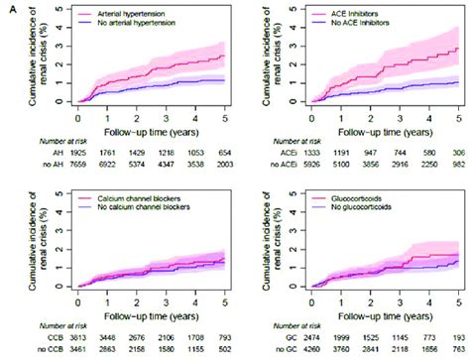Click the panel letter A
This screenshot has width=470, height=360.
[x=6, y=7]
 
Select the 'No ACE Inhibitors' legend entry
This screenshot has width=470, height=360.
[x=350, y=21]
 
